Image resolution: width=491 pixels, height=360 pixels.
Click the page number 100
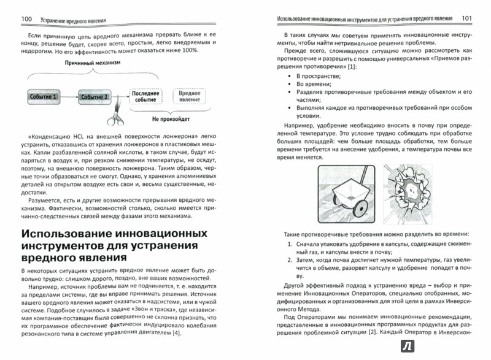pyautogui.click(x=26, y=20)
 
